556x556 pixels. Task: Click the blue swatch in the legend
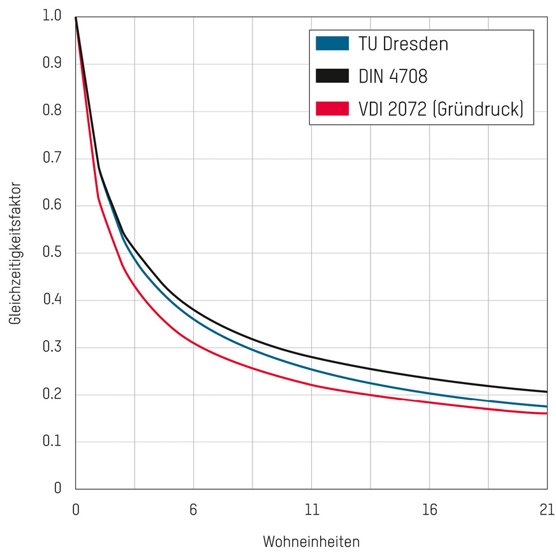pos(332,44)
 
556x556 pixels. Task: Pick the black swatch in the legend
pos(332,76)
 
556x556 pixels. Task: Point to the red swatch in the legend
pos(332,109)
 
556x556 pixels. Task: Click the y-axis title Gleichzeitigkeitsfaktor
pos(16,253)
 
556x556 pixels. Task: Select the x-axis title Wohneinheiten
pos(311,542)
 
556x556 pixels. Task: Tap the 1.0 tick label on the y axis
pos(52,17)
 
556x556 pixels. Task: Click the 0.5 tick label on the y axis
pos(52,253)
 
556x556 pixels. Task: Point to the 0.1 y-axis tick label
pos(52,442)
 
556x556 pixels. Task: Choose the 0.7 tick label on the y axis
pos(52,159)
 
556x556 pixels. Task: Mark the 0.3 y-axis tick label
pos(52,348)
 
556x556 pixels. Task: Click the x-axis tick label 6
pos(193,510)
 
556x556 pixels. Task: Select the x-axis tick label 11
pos(311,510)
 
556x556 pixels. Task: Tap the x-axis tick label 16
pos(429,510)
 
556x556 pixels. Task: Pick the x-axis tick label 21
pos(546,510)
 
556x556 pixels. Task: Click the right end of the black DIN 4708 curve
pos(546,392)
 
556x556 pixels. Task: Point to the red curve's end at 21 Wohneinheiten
pos(546,413)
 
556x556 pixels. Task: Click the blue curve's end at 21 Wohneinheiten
pos(546,406)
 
